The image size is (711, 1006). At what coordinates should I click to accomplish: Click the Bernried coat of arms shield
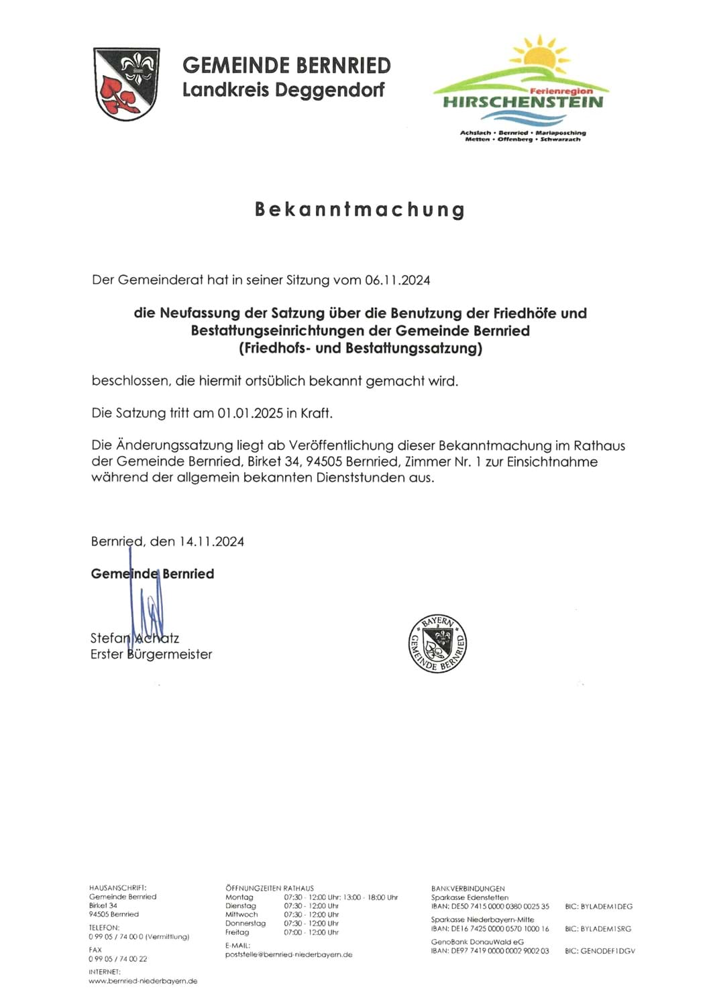(x=126, y=83)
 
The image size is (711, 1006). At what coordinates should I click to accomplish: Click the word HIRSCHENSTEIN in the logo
(x=523, y=103)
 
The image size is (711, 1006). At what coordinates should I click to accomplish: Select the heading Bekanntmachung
(x=360, y=209)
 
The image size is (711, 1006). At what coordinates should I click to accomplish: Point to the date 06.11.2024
(x=397, y=280)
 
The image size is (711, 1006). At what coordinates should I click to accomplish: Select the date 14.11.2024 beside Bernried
(x=211, y=542)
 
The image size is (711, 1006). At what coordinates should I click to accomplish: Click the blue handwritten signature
(x=148, y=607)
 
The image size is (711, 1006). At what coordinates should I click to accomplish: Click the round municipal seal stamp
(x=437, y=643)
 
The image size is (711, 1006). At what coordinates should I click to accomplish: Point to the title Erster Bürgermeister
(x=151, y=655)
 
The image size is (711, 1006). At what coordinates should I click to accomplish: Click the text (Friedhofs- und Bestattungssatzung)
(x=360, y=348)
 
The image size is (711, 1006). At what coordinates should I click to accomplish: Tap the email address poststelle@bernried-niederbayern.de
(x=288, y=954)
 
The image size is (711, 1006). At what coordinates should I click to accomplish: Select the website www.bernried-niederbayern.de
(x=143, y=981)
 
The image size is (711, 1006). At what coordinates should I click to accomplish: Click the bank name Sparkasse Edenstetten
(x=470, y=897)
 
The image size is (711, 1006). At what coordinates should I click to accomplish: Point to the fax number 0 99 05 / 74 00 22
(x=118, y=959)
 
